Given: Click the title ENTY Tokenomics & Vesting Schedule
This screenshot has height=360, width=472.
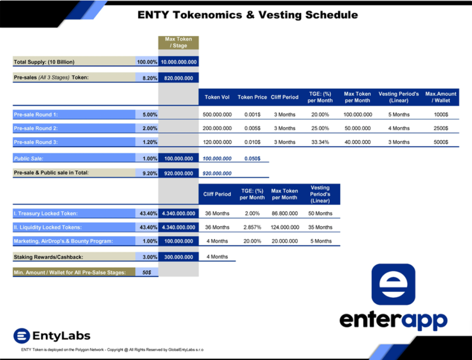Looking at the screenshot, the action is (x=247, y=15).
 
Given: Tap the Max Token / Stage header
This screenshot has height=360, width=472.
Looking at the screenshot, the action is (x=179, y=42).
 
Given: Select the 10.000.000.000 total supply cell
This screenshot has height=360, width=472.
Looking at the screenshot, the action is (x=179, y=62).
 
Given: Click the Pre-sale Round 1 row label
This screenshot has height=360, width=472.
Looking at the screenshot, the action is (x=36, y=115).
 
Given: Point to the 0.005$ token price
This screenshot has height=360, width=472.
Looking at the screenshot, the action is (x=252, y=128).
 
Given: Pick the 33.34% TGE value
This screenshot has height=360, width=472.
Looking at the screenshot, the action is (x=320, y=142).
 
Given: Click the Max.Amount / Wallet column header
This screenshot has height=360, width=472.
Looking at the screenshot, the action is (x=441, y=97).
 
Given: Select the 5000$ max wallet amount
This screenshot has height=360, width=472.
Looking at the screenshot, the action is (x=441, y=142).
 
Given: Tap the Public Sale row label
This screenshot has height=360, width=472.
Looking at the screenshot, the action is (x=28, y=159).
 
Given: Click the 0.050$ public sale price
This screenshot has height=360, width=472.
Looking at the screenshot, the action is (x=252, y=159).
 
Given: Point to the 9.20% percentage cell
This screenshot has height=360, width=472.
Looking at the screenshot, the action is (x=150, y=173).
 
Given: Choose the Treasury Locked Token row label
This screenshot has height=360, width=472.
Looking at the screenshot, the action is (x=45, y=213).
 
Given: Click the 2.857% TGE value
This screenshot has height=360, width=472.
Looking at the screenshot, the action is (x=252, y=227).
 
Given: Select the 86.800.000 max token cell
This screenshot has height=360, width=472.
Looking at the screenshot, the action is (x=284, y=213).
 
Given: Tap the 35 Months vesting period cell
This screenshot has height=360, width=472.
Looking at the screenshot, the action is (x=320, y=227).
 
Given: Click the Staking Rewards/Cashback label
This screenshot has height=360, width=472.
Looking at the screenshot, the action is (x=48, y=257).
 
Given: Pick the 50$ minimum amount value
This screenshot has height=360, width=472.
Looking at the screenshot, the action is (x=147, y=273).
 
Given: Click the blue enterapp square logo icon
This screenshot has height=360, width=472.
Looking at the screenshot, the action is (x=393, y=284).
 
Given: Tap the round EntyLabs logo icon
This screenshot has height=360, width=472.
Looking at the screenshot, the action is (x=22, y=336).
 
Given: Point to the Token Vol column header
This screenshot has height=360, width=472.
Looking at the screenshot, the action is (x=217, y=97).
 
